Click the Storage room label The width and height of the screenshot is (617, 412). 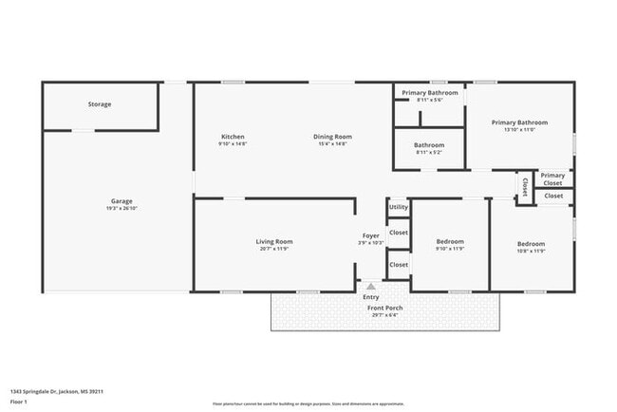[100, 103]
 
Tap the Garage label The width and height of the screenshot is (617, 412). [121, 201]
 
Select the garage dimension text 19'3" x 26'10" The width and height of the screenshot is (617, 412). [121, 209]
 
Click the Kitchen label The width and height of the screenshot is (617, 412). [233, 136]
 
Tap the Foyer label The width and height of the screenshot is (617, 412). [371, 235]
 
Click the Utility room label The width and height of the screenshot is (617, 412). [399, 207]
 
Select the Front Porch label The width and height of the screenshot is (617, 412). [384, 308]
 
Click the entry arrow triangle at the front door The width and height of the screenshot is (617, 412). [371, 285]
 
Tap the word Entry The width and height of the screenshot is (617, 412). [371, 296]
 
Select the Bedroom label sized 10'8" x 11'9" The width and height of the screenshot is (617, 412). [531, 244]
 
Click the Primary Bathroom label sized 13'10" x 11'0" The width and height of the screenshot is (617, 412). [519, 122]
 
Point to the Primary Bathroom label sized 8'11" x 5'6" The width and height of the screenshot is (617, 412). [428, 92]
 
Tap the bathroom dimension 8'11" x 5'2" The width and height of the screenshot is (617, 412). [428, 153]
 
